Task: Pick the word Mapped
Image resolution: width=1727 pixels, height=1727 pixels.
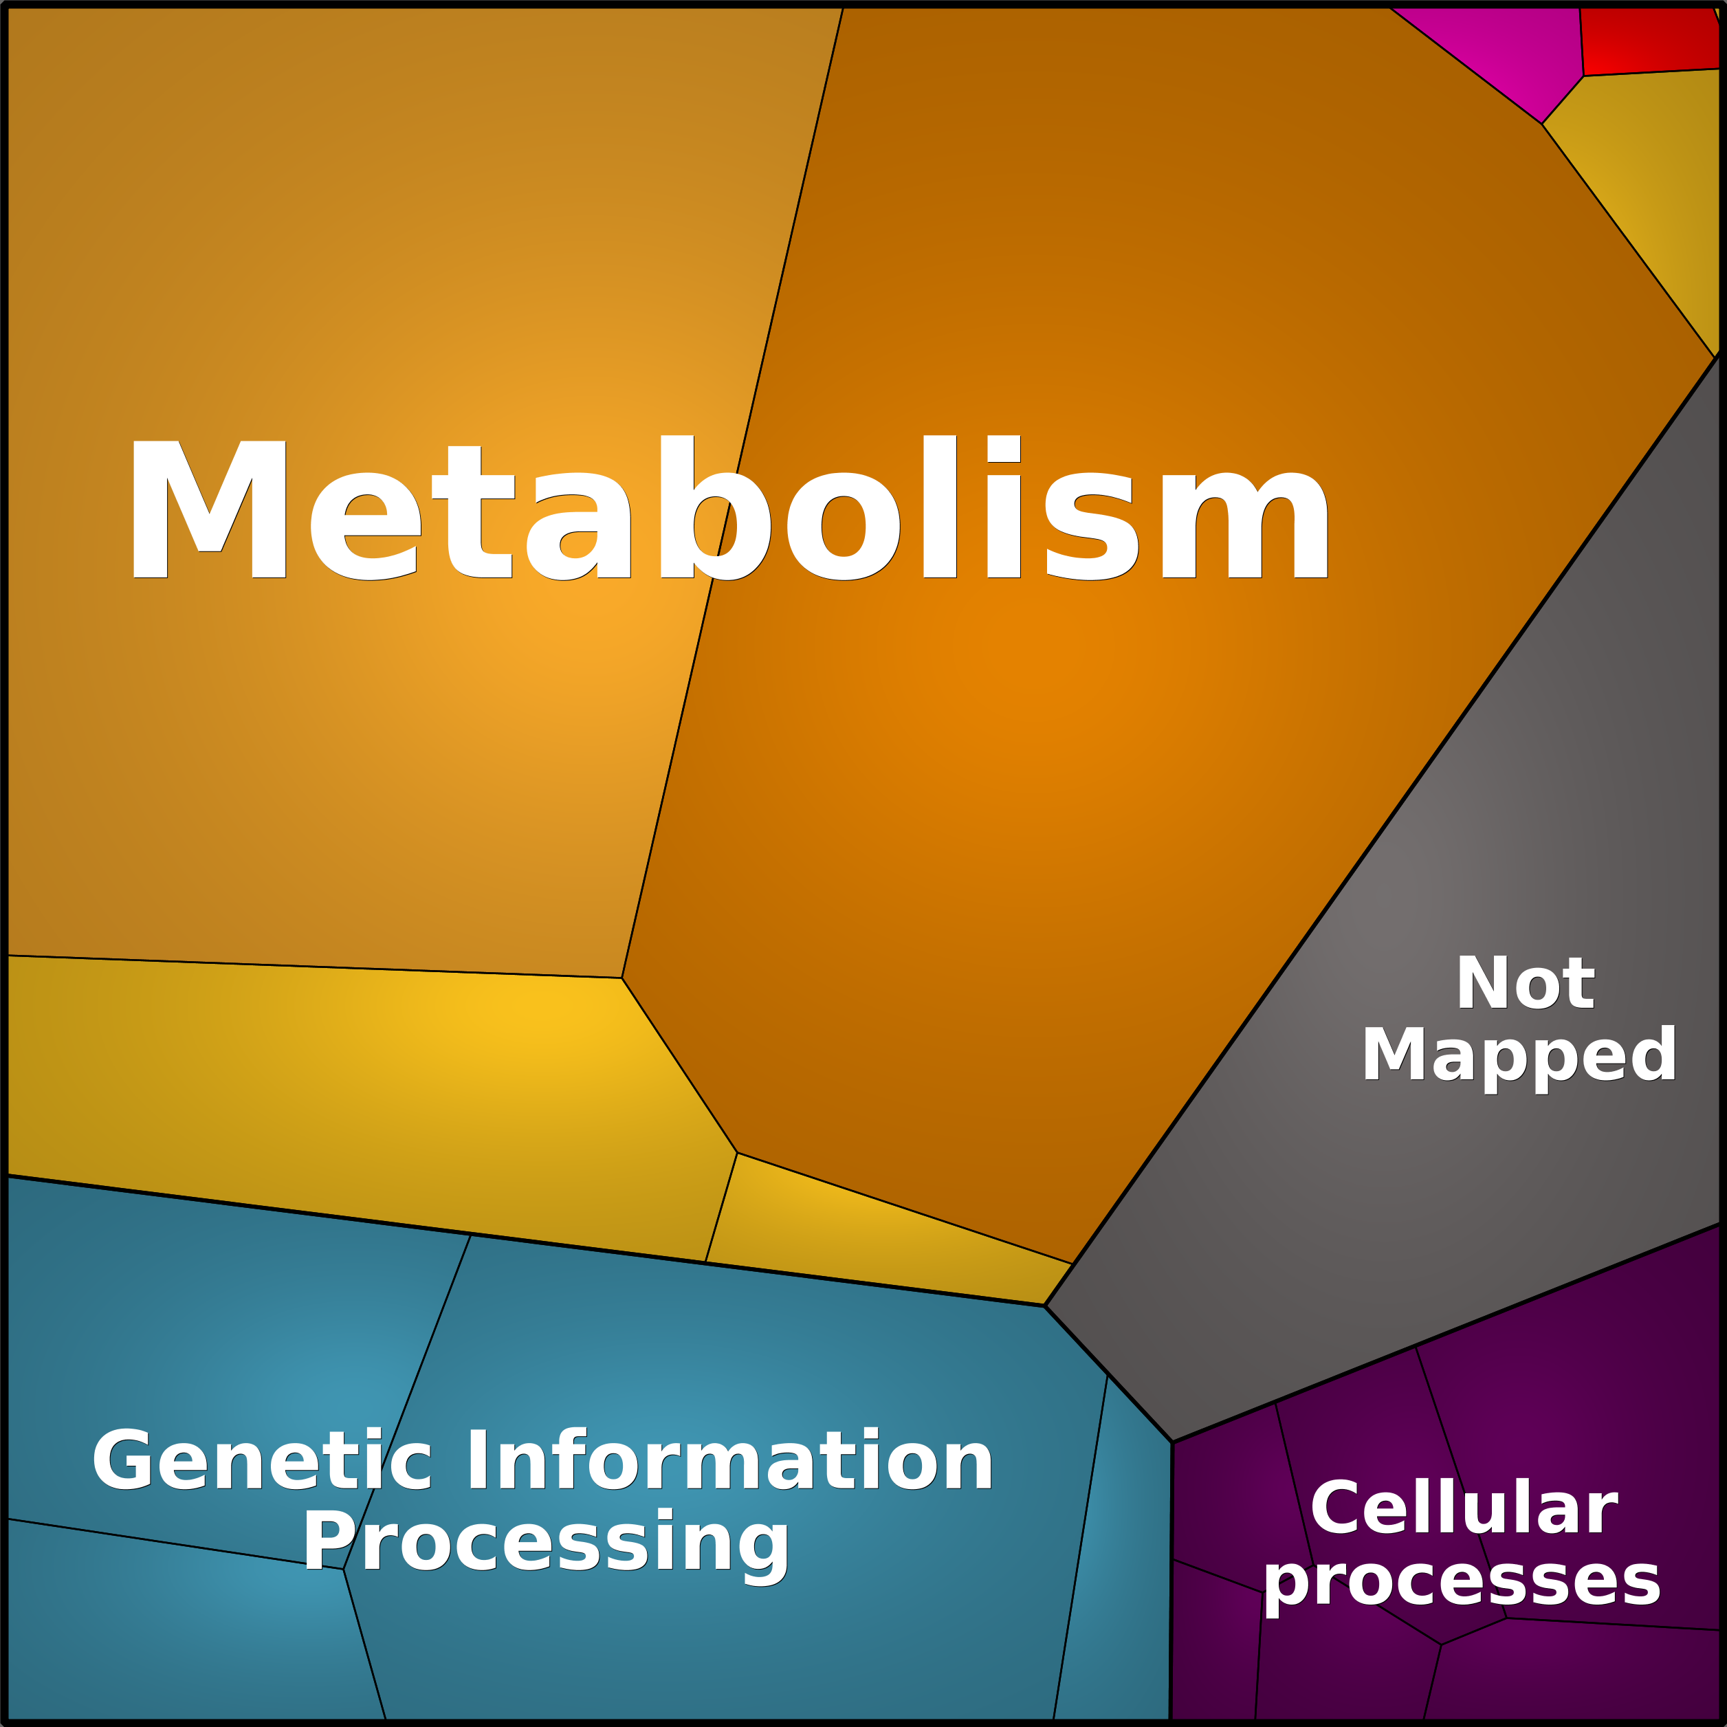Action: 1519,1057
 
